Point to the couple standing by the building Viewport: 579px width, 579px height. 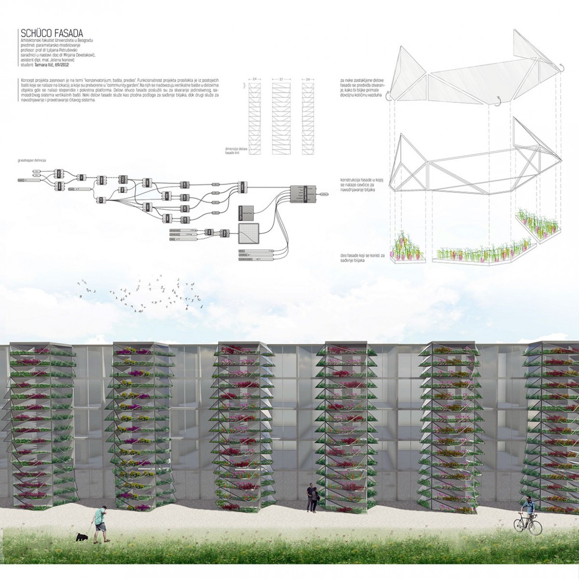(x=311, y=497)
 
